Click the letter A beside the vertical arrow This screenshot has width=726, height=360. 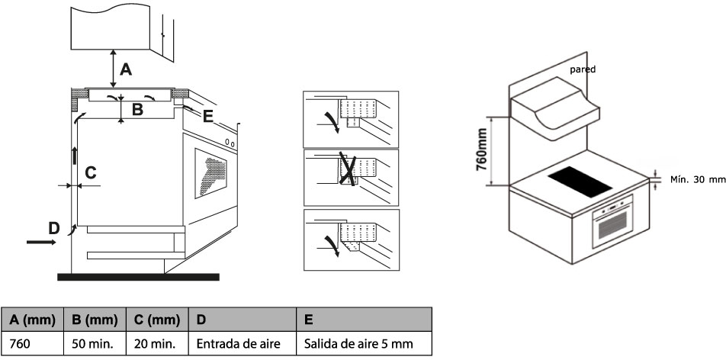127,69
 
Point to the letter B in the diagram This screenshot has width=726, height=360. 137,109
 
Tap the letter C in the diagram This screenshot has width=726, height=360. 90,173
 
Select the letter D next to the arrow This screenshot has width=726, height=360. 53,227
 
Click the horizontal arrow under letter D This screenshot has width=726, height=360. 40,243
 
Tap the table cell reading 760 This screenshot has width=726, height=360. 21,344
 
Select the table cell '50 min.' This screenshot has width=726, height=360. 92,344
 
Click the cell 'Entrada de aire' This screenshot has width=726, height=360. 239,344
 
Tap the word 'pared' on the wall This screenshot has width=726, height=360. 583,69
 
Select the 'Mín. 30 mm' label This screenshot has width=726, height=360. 696,180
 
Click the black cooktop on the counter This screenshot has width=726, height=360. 579,182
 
